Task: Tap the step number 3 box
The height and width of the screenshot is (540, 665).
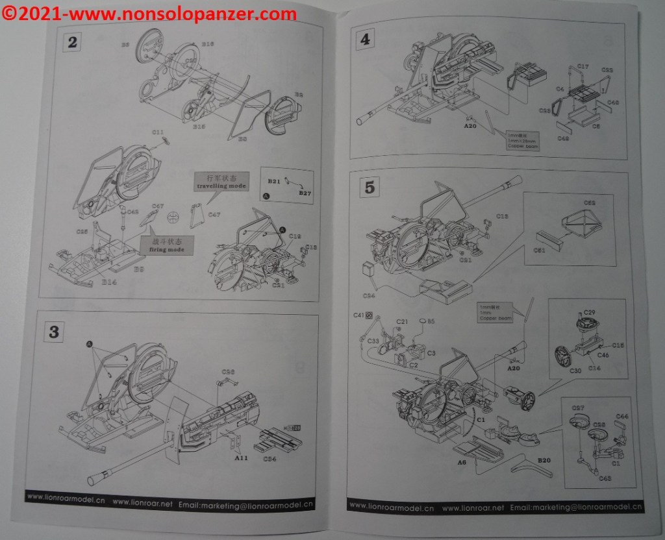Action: (x=54, y=332)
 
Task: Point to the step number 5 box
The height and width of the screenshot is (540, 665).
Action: (x=370, y=188)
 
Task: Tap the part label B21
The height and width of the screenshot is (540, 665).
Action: (x=273, y=180)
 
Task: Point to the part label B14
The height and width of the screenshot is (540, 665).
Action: (x=109, y=282)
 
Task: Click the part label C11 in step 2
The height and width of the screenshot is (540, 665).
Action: (x=158, y=132)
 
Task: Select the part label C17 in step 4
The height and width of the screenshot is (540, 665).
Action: (x=583, y=67)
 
